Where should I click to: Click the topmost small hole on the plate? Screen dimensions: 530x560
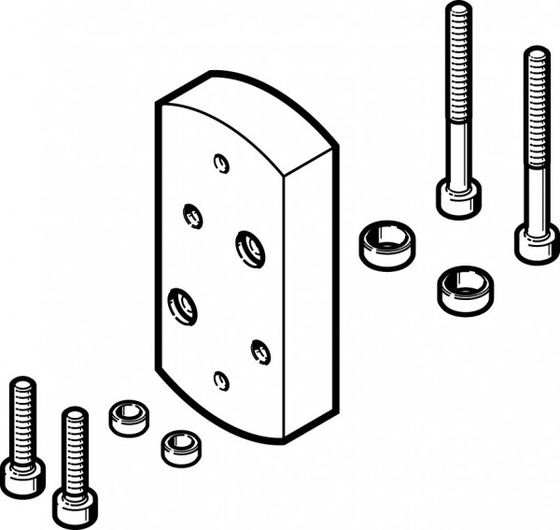(221, 163)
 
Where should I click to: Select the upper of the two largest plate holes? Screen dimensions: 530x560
(249, 246)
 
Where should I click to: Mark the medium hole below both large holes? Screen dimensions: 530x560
(260, 351)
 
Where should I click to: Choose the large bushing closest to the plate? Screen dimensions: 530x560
(385, 246)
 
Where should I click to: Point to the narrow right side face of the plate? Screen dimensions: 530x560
(308, 290)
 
